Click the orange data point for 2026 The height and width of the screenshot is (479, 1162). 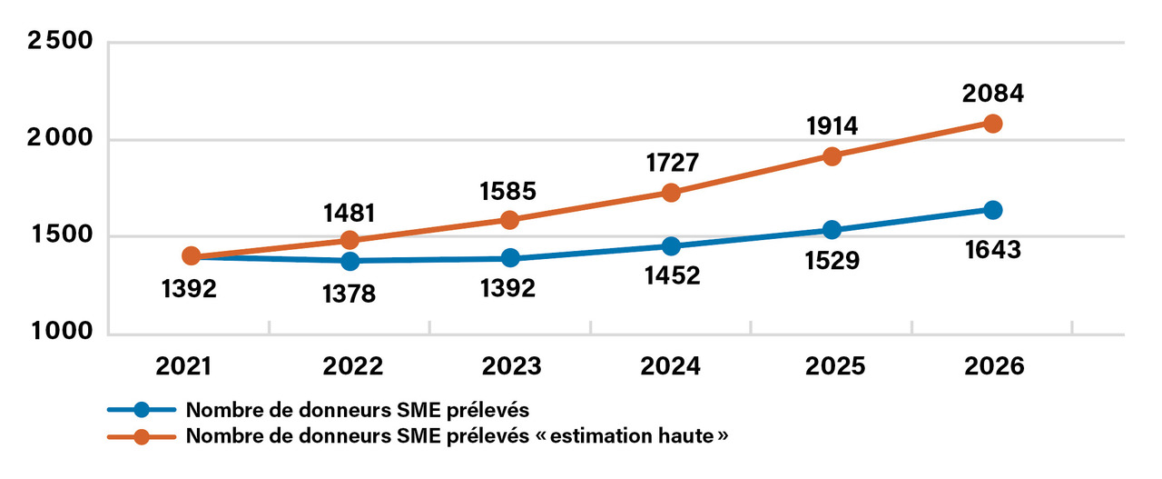[x=993, y=124]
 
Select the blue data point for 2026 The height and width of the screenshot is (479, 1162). [x=993, y=210]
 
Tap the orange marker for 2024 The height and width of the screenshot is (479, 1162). [x=671, y=193]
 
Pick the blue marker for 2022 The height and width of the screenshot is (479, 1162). [x=350, y=261]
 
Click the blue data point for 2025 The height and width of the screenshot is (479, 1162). [x=832, y=230]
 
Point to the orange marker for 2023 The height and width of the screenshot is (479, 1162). [x=510, y=220]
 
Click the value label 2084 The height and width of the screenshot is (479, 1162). [x=993, y=94]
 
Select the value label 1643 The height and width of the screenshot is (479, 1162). [x=993, y=248]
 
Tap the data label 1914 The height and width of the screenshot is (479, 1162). [x=832, y=126]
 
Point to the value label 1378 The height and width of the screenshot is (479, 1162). [x=350, y=294]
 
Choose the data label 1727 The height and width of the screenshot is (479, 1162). [x=671, y=163]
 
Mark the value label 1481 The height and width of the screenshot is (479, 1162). [x=350, y=212]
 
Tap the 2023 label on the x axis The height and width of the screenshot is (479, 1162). [x=510, y=366]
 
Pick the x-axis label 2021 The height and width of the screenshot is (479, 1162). [x=189, y=366]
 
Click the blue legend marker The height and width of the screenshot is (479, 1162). [x=141, y=409]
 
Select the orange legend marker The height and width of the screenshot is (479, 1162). [x=141, y=436]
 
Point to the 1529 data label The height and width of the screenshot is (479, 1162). [x=832, y=261]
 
